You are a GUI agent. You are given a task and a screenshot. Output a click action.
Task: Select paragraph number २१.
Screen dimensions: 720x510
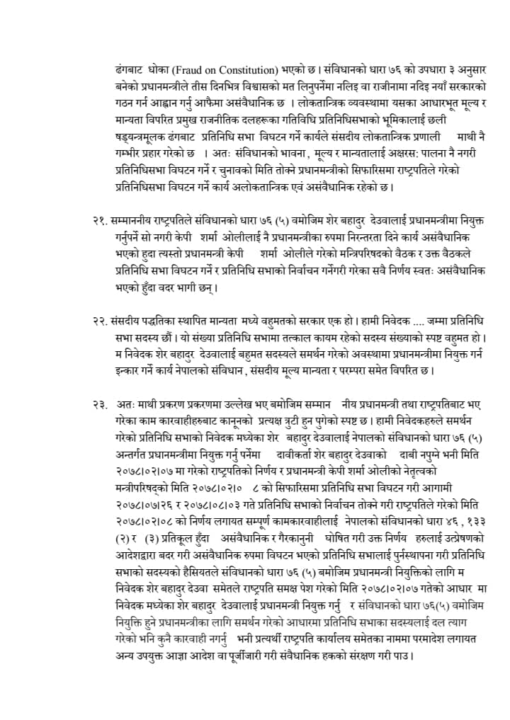(x=100, y=220)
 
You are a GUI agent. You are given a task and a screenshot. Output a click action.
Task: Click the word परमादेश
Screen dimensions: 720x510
(x=424, y=641)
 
